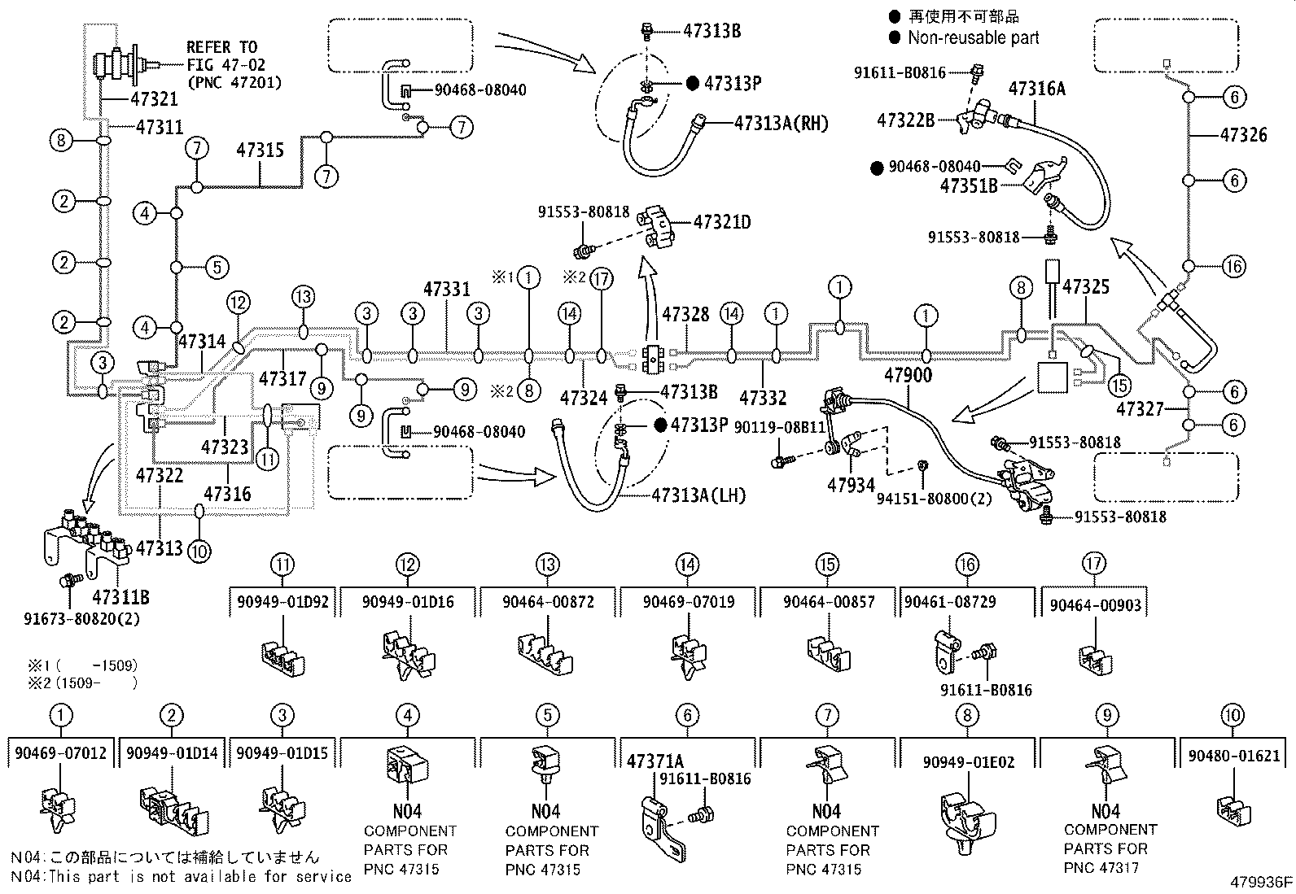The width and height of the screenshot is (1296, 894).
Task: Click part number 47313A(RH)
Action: coord(781,123)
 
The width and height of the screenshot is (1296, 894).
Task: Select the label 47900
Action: coord(908,375)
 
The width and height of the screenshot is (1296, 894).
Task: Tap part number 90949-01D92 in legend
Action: coord(282,602)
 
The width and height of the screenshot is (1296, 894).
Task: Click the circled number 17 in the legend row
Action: coord(1095,564)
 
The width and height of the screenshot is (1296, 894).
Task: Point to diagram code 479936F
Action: coord(1261,882)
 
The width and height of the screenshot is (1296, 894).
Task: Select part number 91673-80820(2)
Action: coord(81,617)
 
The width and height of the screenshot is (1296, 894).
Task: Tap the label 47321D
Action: coord(722,221)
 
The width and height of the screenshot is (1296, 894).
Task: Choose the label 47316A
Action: coord(1037,89)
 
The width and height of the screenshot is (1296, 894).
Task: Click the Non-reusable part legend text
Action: coord(973,37)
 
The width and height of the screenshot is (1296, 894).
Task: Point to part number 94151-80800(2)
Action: coord(934,498)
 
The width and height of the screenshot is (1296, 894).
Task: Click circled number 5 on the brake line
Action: coord(215,267)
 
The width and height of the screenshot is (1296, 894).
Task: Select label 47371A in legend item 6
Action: coord(655,761)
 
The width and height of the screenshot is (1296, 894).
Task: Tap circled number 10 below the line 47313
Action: coord(199,551)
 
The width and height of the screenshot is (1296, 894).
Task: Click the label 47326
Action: coord(1243,134)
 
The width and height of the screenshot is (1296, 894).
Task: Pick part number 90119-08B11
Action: coord(780,426)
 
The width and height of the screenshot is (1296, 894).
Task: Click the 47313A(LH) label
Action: coord(698,495)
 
